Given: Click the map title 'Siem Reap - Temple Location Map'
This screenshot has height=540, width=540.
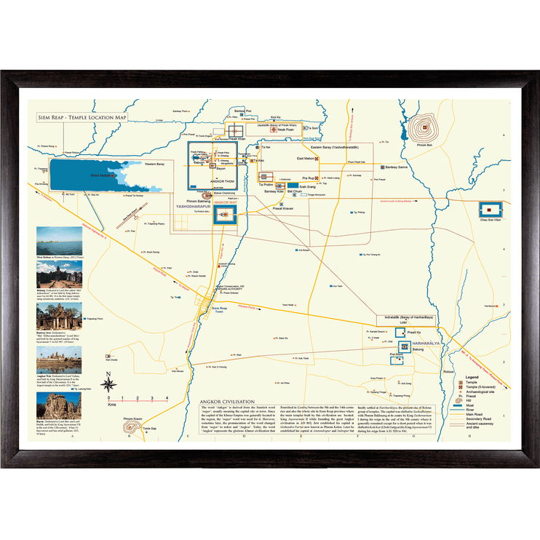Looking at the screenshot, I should (82, 116).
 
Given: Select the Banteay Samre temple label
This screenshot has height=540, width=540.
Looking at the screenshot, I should (400, 167).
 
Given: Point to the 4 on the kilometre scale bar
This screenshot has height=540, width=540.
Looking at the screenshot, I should (167, 397).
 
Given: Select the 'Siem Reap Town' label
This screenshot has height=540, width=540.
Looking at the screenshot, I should (220, 309).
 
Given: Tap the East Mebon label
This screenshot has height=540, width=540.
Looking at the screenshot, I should (306, 158).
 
